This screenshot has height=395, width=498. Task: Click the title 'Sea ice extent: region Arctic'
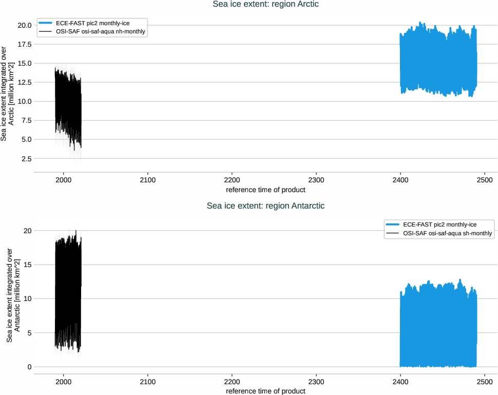pos(265,4)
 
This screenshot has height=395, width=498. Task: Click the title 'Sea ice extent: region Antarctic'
pos(265,205)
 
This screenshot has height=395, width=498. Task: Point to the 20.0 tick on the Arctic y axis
pos(24,25)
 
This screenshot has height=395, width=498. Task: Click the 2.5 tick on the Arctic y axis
pos(26,159)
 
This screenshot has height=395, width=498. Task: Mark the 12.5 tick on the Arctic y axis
pos(24,82)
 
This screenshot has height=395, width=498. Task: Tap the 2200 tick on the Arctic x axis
pos(232,181)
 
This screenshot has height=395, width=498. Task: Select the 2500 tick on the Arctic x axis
pos(485,181)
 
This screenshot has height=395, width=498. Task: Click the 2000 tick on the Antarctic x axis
pos(64,383)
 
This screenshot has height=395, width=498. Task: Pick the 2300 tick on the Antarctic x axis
pos(316,383)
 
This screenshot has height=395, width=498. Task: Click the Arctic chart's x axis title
pos(265,190)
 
